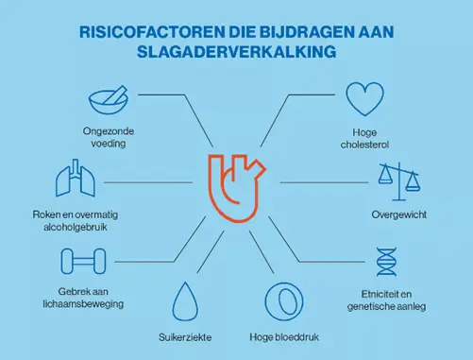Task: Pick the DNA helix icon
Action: pos(388,261)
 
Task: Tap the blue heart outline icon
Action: pos(363,99)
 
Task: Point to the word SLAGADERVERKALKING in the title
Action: pos(236,52)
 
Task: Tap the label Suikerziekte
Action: pos(184,336)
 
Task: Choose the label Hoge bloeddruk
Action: pos(281,336)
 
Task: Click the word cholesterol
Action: pos(364,146)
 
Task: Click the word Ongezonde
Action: pos(105,133)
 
